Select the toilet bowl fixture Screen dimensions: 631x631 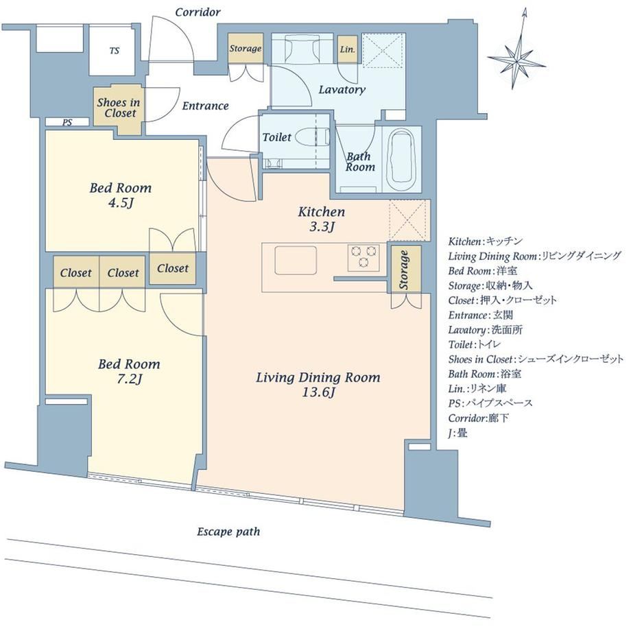point(312,136)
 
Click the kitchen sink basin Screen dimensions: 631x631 point(296,261)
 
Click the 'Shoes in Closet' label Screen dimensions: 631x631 point(118,108)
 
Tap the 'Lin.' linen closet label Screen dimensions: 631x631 point(348,50)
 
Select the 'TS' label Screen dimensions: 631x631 point(115,51)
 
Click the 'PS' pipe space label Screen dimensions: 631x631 point(67,122)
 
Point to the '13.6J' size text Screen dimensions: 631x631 point(318,392)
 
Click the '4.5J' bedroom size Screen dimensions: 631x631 point(120,203)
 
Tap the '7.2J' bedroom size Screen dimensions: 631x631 point(129,379)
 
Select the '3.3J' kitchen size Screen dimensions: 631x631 point(322,227)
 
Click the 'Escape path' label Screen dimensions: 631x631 point(228,532)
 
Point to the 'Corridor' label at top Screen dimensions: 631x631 point(198,12)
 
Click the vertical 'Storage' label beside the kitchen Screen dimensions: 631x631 point(404,270)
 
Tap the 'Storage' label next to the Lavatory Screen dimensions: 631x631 point(246,49)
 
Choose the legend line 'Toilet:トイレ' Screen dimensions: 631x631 point(475,344)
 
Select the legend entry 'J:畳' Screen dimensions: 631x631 point(458,433)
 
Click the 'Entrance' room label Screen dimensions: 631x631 point(205,106)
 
